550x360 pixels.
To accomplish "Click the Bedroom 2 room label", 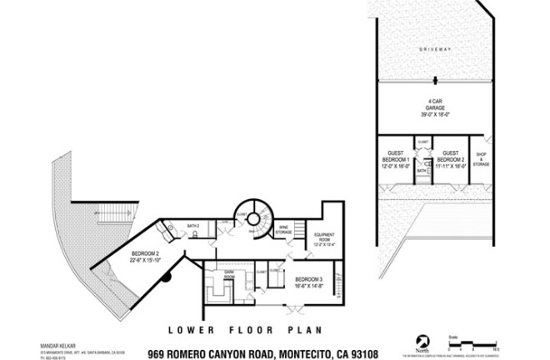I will (147, 256).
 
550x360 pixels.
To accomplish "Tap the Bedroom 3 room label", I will (309, 281).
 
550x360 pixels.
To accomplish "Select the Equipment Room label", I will (324, 238).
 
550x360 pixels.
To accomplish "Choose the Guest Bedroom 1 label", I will (396, 160).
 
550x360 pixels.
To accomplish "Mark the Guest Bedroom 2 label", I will (451, 160).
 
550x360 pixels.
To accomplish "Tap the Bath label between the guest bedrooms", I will (422, 170).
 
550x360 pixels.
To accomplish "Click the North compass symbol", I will (425, 341).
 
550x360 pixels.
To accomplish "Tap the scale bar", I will (478, 343).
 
